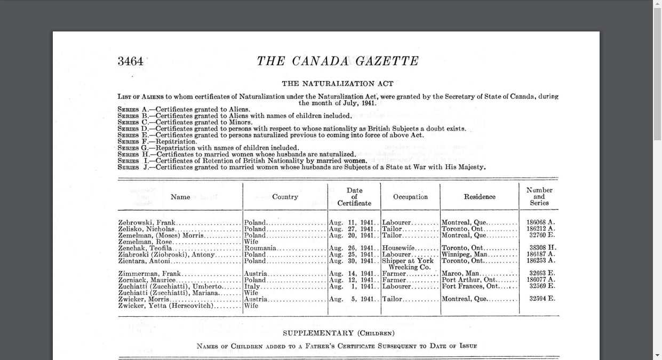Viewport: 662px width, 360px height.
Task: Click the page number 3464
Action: (131, 61)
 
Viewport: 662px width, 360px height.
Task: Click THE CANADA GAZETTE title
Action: (338, 61)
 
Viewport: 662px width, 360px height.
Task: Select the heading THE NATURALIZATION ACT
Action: (338, 84)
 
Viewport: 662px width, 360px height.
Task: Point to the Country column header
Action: (285, 197)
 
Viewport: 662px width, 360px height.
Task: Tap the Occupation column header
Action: (410, 197)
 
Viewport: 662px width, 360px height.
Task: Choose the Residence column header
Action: (480, 197)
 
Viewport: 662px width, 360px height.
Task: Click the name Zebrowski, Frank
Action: (147, 223)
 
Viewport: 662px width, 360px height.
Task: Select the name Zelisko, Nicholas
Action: (147, 229)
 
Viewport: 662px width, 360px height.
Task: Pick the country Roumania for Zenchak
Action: (260, 249)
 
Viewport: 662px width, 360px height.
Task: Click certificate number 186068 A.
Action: (540, 222)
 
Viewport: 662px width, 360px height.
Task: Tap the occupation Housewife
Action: (398, 249)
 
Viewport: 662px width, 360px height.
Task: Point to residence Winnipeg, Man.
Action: (465, 255)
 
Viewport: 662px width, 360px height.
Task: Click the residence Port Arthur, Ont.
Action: (469, 280)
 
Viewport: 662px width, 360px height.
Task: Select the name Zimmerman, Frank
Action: (150, 274)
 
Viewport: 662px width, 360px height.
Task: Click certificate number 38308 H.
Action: (543, 248)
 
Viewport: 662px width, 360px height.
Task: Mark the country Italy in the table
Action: (252, 287)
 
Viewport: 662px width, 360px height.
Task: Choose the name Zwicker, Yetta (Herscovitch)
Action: (166, 306)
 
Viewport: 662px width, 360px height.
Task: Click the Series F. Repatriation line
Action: (157, 142)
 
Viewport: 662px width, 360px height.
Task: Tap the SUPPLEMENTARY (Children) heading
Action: (338, 333)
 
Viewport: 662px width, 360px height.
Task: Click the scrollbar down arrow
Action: (657, 355)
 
